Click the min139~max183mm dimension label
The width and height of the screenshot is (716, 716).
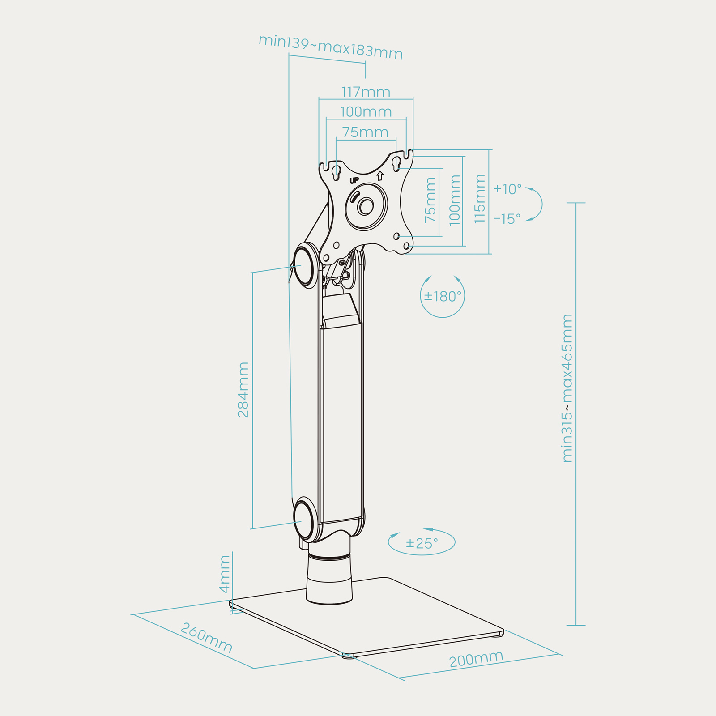click(331, 47)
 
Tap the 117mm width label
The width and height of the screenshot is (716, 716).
click(366, 92)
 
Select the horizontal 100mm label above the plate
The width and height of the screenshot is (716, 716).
click(366, 112)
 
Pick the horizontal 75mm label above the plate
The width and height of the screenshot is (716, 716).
click(365, 132)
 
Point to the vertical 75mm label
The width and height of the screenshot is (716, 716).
click(430, 200)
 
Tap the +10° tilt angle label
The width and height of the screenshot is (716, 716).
click(507, 189)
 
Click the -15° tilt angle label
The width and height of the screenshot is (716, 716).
click(507, 219)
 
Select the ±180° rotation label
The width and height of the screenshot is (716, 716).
click(443, 296)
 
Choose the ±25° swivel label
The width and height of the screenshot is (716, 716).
click(422, 543)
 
